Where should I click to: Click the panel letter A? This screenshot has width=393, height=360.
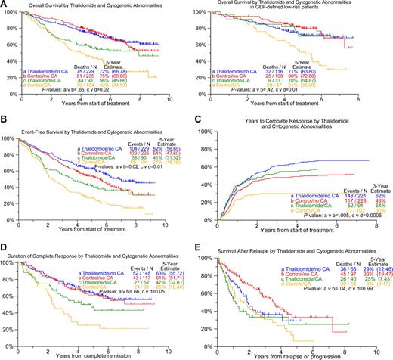[5, 5]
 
